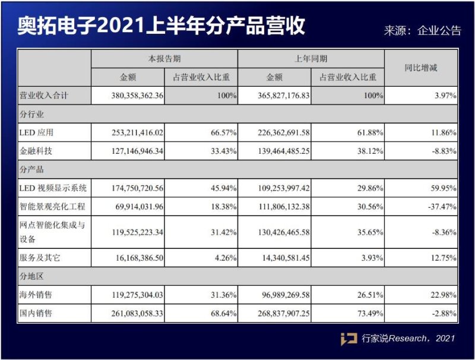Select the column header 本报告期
click(x=164, y=59)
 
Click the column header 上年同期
click(x=311, y=59)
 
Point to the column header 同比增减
click(x=421, y=68)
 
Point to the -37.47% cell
click(x=439, y=207)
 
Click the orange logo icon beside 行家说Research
click(x=349, y=339)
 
